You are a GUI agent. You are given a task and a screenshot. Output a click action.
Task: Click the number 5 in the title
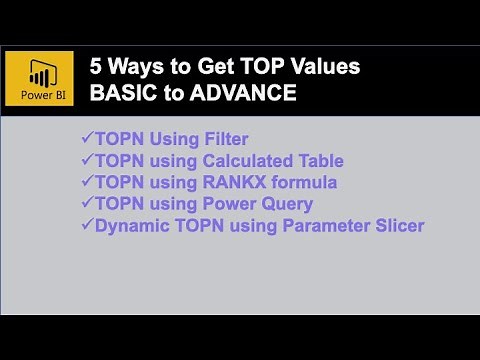click(96, 68)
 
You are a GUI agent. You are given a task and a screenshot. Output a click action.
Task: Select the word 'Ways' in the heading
click(134, 68)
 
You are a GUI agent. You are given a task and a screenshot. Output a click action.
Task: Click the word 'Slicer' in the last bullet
click(397, 226)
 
